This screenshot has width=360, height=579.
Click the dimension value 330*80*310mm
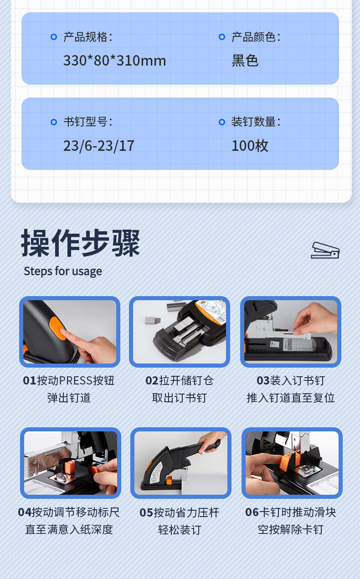[x=114, y=61]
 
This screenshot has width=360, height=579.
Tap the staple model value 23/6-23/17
[x=99, y=146]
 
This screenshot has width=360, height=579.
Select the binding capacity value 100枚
[x=250, y=145]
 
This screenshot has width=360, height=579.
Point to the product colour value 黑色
[x=245, y=61]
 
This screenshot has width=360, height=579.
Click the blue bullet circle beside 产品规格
[x=54, y=37]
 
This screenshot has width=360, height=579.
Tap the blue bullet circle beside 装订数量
[x=222, y=122]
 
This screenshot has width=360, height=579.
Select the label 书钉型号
[x=88, y=122]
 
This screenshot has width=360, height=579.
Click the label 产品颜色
[x=256, y=37]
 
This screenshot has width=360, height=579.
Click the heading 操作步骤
[x=81, y=243]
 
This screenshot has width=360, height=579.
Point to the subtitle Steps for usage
[x=63, y=272]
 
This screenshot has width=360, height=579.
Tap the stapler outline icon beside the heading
[x=325, y=250]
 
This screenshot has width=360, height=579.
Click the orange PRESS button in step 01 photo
[x=58, y=328]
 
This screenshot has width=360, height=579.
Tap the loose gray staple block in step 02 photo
[x=153, y=321]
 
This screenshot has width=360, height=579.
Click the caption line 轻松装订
[x=180, y=530]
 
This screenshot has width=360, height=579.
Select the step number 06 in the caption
[x=252, y=512]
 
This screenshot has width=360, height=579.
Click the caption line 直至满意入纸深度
[x=69, y=529]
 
